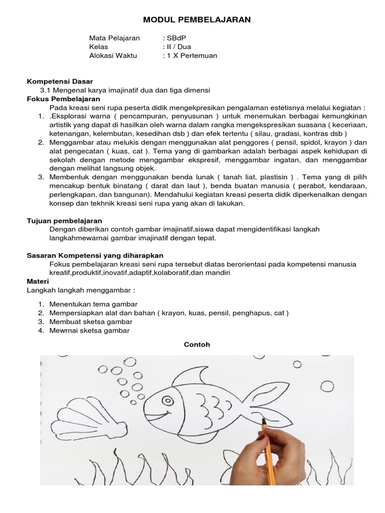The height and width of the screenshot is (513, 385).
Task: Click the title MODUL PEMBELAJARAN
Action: pos(197,20)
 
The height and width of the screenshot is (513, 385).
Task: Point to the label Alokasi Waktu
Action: pos(113,56)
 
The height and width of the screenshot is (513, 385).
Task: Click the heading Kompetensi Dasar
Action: pos(59,81)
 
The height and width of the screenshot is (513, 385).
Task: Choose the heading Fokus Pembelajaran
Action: pos(63,99)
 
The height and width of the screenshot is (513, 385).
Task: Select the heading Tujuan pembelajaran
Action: pos(64,220)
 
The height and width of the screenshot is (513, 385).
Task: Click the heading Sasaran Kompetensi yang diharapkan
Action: pos(94,255)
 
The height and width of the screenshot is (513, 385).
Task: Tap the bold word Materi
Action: pos(38,282)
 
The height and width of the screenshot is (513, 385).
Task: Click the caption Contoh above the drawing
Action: pos(197,345)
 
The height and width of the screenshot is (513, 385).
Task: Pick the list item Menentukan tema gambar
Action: pos(93,304)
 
